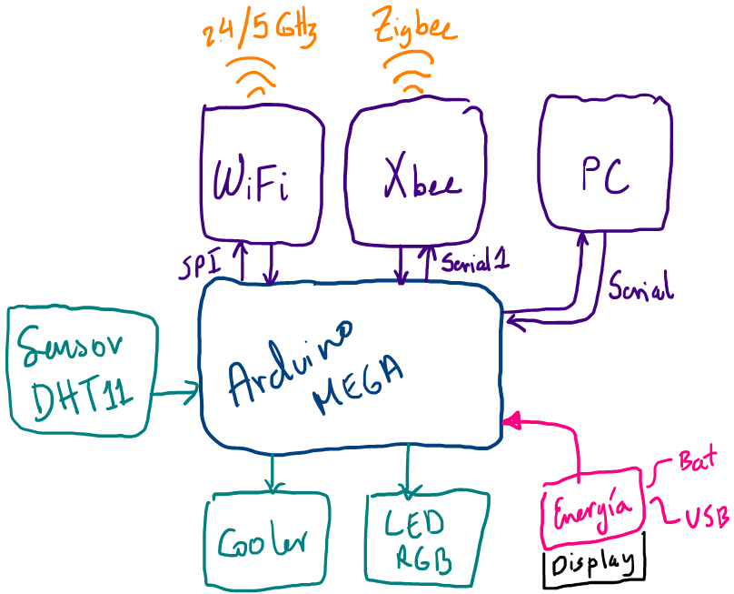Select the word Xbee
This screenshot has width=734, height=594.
[x=421, y=179]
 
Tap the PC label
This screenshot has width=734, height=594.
[x=606, y=175]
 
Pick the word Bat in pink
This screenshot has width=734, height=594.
[x=698, y=460]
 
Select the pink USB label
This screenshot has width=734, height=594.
[x=706, y=518]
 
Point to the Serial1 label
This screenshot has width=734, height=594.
[x=472, y=262]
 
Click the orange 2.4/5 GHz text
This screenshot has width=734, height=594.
[x=260, y=35]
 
